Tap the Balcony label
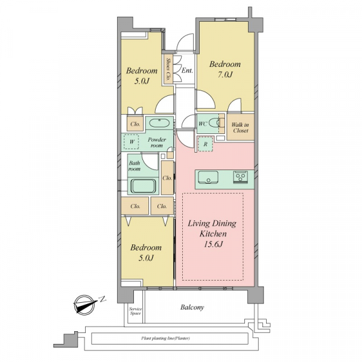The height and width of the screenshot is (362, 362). (192, 307)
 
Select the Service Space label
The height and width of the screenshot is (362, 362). (135, 311)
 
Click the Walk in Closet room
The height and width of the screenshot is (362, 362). (240, 127)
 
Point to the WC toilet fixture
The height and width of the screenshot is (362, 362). (214, 123)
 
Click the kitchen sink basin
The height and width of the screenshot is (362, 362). (208, 177)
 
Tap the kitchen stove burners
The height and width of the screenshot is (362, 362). (241, 177)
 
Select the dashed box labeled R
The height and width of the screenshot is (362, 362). (205, 144)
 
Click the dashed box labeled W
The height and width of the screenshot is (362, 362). (131, 142)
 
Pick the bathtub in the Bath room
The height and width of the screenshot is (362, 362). (143, 186)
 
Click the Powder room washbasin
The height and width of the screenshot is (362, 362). (159, 123)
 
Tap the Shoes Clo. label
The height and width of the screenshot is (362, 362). (168, 69)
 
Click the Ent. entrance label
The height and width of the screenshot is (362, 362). (187, 70)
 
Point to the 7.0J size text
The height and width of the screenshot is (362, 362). (225, 74)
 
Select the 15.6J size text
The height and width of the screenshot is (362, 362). (213, 244)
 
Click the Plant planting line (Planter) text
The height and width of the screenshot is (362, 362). (165, 338)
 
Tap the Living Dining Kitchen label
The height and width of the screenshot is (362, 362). (212, 228)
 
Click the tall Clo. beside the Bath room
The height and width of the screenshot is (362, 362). (167, 178)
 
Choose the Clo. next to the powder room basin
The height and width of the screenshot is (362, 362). (135, 124)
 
